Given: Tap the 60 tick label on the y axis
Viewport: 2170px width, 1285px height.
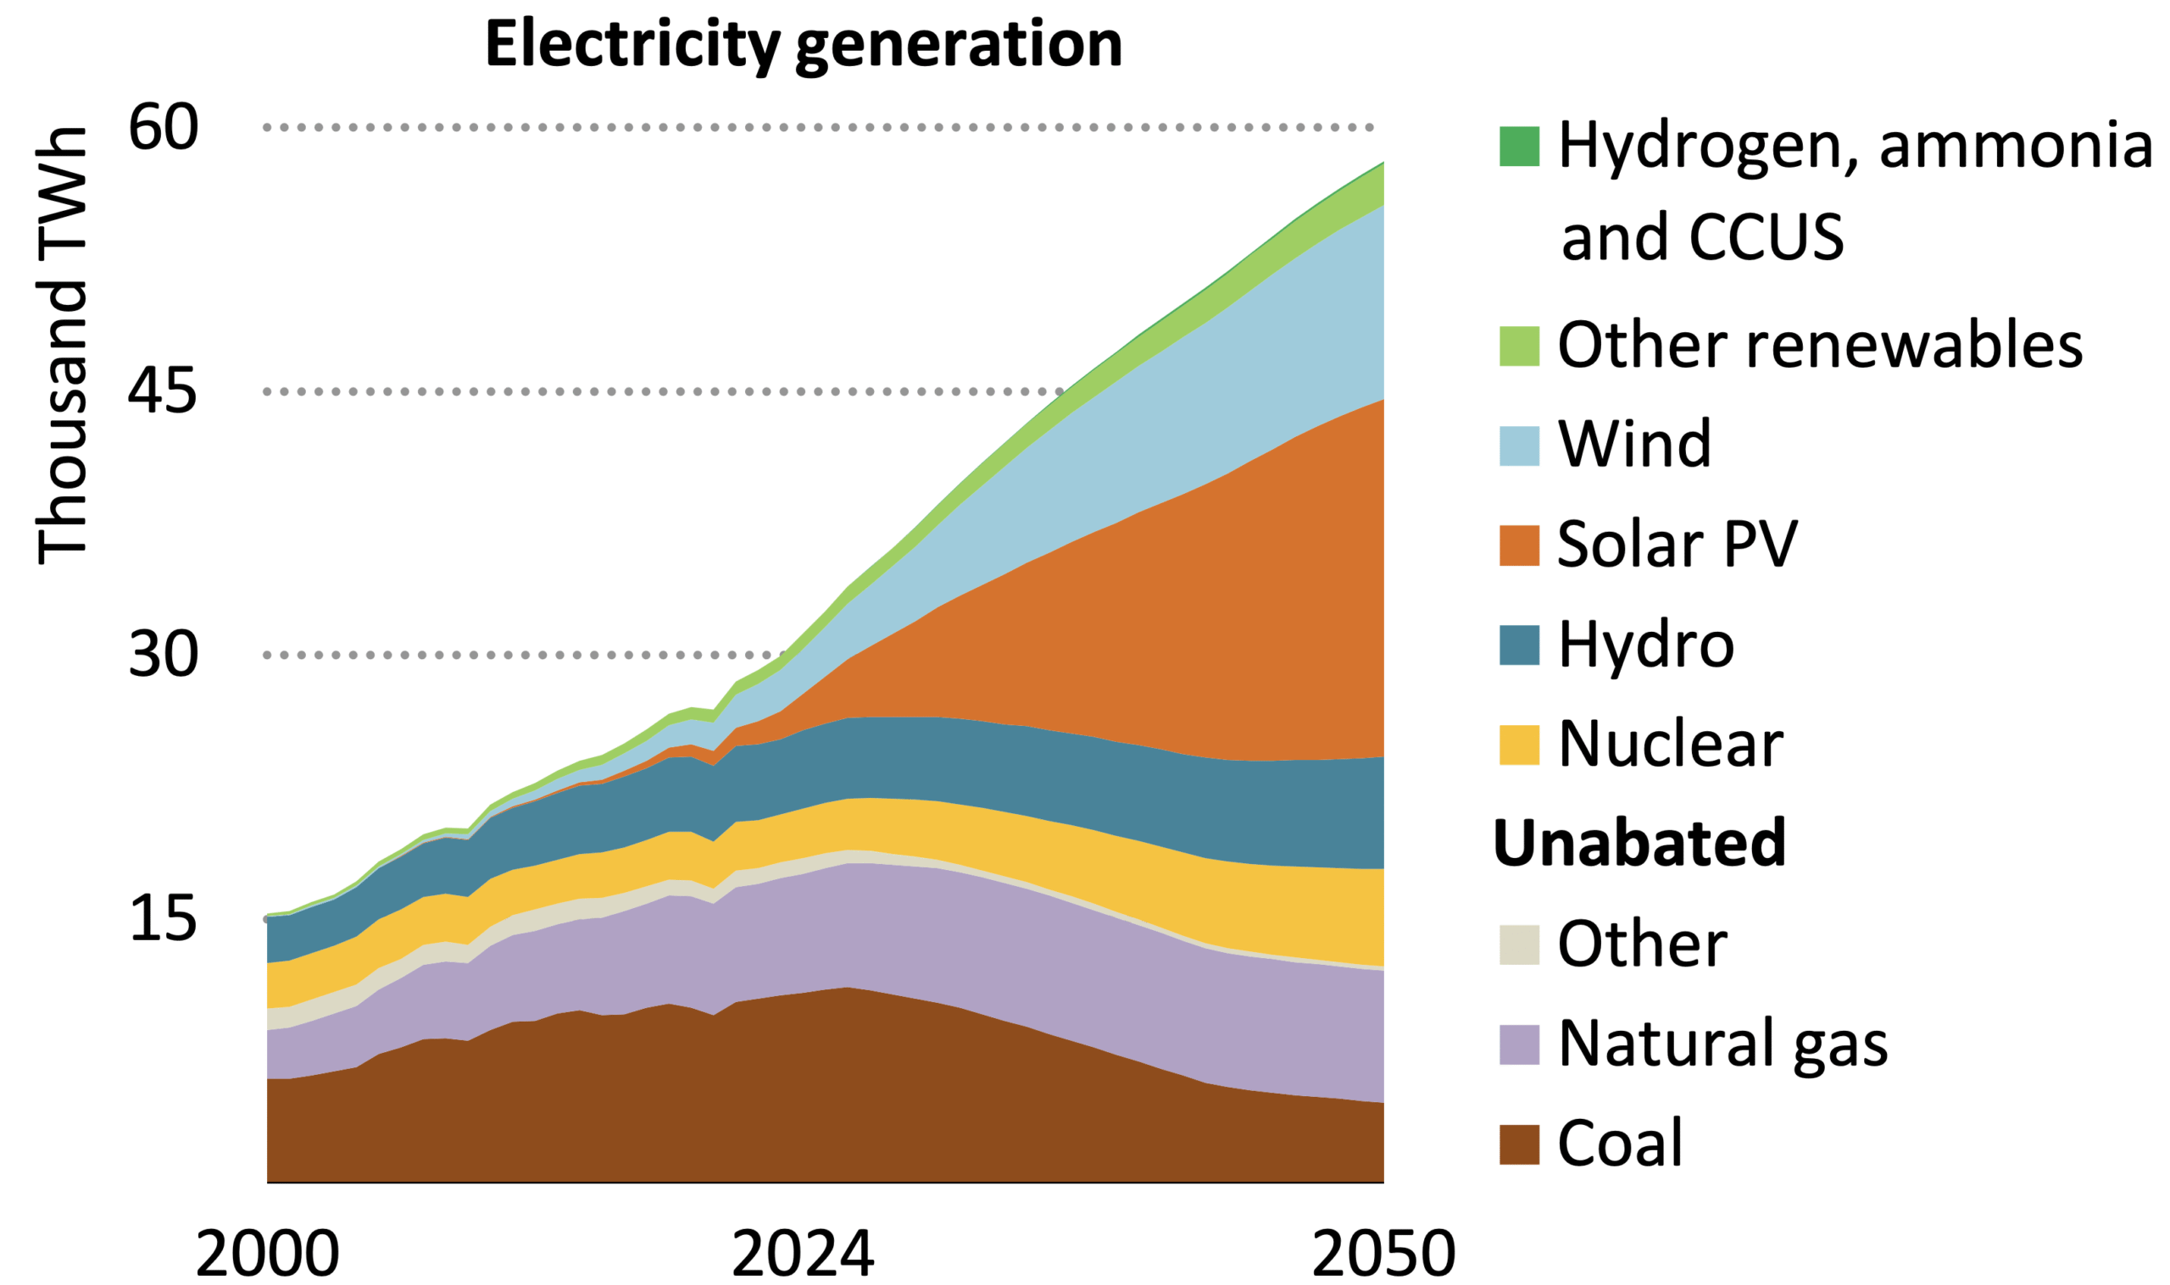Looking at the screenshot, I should point(163,127).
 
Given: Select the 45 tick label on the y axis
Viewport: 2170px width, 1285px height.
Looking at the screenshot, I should point(163,391).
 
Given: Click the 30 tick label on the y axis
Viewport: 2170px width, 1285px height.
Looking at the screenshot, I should point(163,655).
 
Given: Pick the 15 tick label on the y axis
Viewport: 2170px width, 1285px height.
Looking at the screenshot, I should point(163,919).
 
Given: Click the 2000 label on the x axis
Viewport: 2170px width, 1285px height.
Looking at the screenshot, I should point(267,1253).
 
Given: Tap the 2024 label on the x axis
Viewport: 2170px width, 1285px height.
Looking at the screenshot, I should point(803,1253).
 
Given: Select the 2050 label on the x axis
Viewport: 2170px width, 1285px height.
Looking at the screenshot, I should point(1383,1253).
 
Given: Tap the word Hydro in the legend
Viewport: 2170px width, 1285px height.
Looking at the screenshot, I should point(1646,645).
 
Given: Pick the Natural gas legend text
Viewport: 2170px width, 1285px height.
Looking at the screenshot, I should point(1722,1044).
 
